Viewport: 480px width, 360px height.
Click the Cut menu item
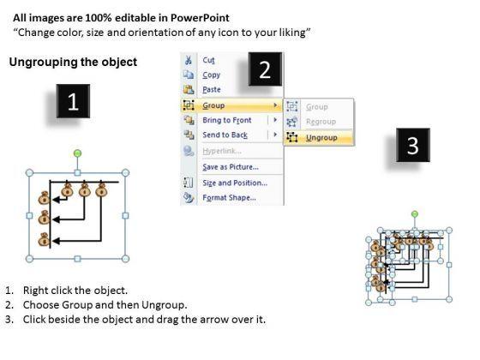[208, 60]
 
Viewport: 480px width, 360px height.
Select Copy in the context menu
[211, 75]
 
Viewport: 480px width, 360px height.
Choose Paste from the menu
[212, 89]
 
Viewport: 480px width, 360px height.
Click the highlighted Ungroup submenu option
[321, 137]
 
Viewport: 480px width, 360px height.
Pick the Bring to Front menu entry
[227, 120]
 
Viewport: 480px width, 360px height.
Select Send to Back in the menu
[225, 135]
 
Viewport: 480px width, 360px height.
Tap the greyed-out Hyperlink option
[222, 151]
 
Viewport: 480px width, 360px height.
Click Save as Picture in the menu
[231, 167]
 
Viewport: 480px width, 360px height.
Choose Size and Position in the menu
[235, 183]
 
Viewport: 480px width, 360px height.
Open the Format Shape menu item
[230, 197]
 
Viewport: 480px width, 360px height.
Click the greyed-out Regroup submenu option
[321, 122]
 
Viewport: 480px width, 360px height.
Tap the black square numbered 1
[73, 101]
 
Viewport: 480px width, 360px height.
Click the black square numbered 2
[265, 69]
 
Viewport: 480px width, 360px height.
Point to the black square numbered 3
[413, 145]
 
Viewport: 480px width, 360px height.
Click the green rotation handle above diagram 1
[78, 153]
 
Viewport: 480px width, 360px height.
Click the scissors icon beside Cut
[189, 60]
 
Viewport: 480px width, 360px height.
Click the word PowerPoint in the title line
[200, 18]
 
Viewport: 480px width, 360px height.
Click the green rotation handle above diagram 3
[415, 214]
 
